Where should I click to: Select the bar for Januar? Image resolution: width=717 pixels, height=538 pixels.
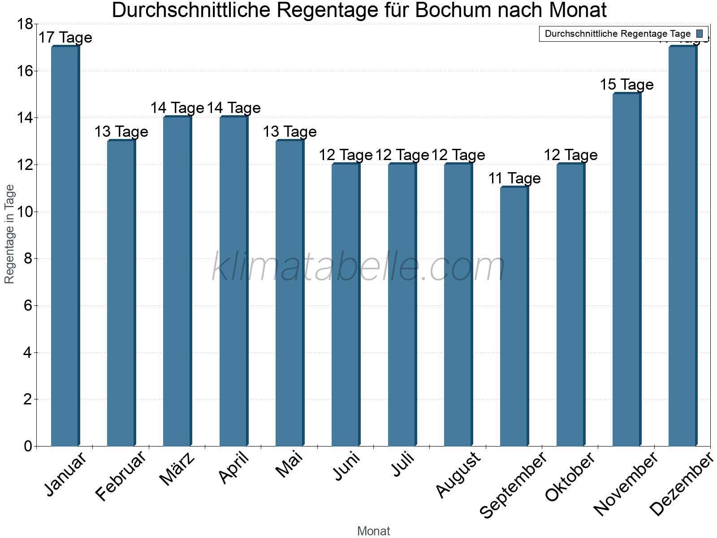click(65, 247)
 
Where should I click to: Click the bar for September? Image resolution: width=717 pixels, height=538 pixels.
click(514, 317)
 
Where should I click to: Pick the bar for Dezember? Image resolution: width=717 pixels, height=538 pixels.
click(682, 247)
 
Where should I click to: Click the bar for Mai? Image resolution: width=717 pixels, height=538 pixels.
click(289, 293)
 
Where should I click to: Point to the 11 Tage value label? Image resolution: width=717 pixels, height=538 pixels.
click(514, 178)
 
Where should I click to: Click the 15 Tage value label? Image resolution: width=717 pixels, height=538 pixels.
click(626, 85)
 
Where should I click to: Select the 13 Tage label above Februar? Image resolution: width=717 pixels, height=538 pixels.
click(121, 132)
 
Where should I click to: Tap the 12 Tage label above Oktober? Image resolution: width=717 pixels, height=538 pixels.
click(570, 155)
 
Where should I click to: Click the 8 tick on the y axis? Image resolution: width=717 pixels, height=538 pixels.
click(28, 259)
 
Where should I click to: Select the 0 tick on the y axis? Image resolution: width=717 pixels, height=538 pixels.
click(28, 446)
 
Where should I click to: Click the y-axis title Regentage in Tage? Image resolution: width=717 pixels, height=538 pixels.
click(9, 234)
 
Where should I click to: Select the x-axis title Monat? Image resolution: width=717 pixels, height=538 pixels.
click(373, 531)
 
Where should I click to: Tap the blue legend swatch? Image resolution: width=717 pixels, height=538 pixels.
click(700, 34)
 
